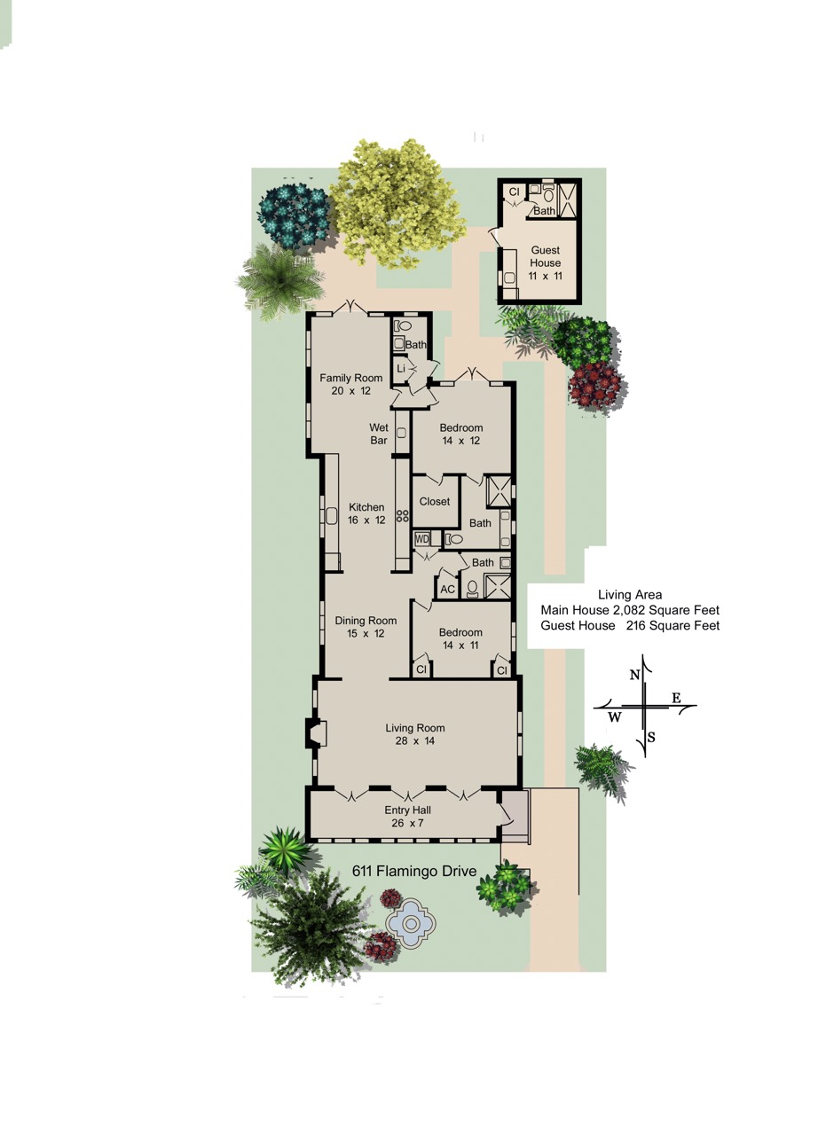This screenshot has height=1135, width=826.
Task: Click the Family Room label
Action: tap(350, 384)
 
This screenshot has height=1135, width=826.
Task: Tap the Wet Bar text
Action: tap(379, 434)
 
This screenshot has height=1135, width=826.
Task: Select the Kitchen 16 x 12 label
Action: tap(366, 513)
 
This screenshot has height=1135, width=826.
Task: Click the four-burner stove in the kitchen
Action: tap(403, 516)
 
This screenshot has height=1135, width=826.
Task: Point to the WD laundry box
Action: tap(422, 539)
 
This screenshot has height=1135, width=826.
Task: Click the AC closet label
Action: tap(448, 590)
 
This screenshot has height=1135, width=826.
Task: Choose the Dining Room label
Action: tap(366, 627)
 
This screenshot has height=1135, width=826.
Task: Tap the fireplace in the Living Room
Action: tap(315, 733)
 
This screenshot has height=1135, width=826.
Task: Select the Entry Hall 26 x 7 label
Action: tap(407, 817)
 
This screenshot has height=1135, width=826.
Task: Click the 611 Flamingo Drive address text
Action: tap(414, 871)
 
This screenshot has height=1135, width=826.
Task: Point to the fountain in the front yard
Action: tap(411, 923)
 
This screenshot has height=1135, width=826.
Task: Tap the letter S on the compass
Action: tap(651, 738)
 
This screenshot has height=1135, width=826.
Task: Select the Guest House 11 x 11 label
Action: tap(546, 263)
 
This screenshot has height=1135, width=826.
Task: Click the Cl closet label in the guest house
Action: tap(515, 192)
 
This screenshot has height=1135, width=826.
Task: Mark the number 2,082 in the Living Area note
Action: tap(629, 610)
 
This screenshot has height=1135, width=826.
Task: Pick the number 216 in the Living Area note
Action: tap(636, 625)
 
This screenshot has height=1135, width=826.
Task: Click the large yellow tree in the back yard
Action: tap(397, 204)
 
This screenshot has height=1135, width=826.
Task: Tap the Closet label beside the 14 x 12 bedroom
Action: tap(435, 501)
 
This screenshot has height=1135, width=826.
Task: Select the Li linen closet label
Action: tap(401, 369)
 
